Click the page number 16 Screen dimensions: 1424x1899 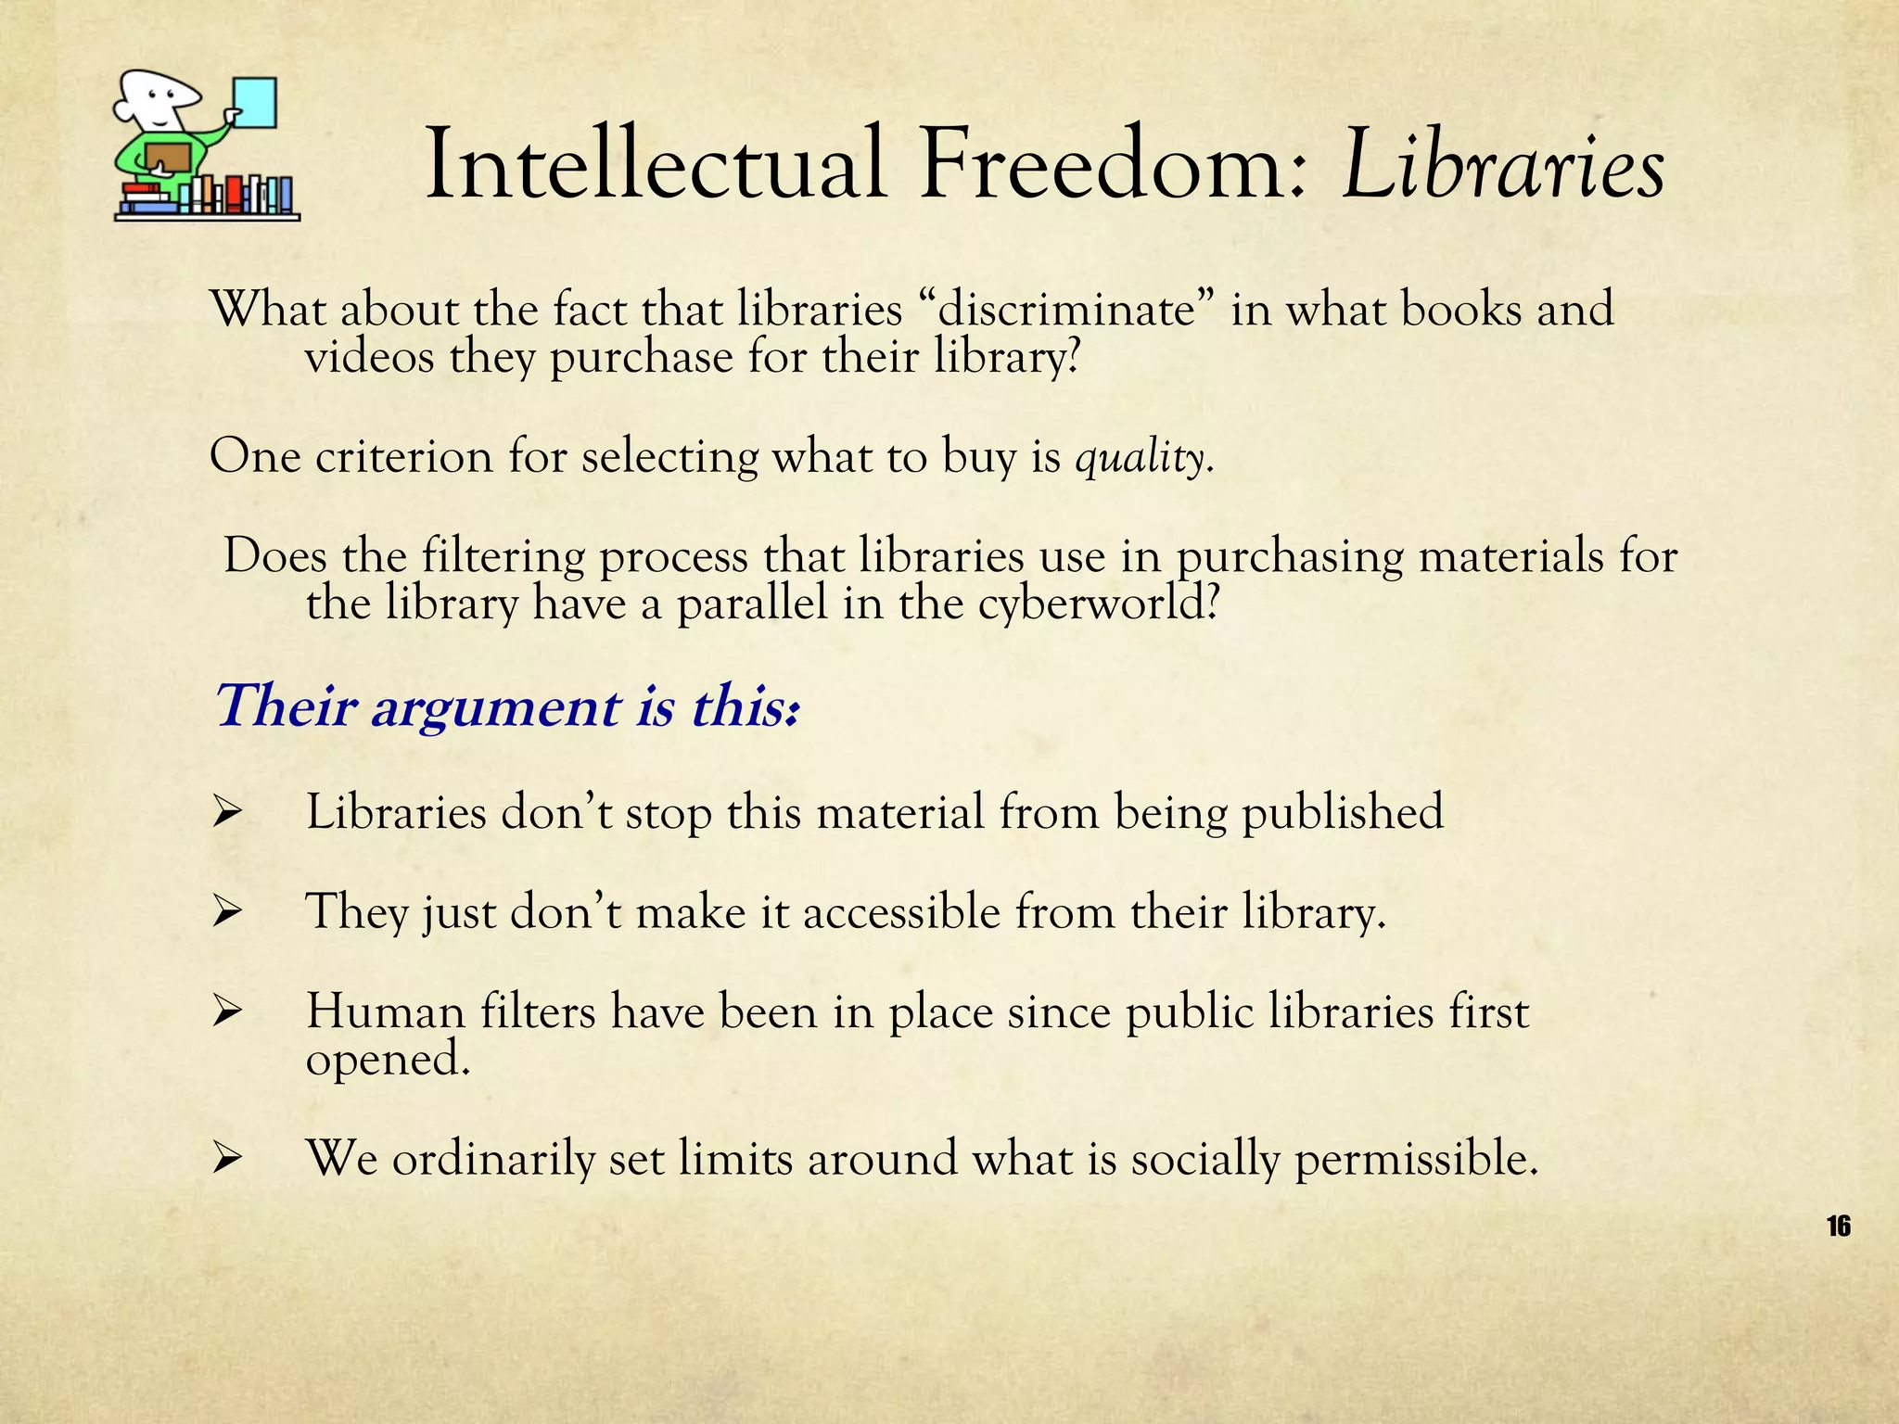point(1838,1227)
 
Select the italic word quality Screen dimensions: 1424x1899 point(1142,458)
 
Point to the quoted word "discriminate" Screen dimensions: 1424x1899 point(1066,310)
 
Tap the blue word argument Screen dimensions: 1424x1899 point(495,707)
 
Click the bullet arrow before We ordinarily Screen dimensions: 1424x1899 point(226,1159)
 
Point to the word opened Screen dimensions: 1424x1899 point(387,1059)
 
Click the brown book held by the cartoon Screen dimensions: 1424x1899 point(168,158)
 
